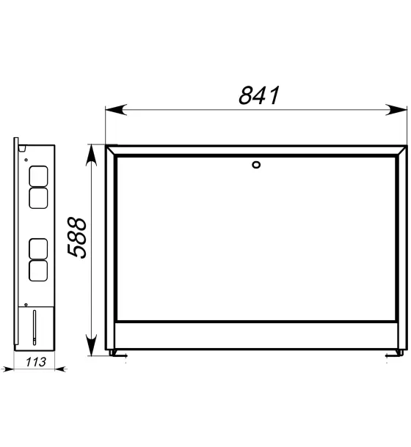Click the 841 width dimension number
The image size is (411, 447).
click(259, 95)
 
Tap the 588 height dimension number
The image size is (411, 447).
click(76, 238)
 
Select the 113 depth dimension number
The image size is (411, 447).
click(36, 362)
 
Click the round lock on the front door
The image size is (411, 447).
click(256, 165)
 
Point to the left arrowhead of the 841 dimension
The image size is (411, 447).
click(116, 110)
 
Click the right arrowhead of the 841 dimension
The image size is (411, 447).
click(396, 110)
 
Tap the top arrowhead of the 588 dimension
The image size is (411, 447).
click(91, 155)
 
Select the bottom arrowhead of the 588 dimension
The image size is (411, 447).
click(91, 346)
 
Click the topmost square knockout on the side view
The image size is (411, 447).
click(38, 176)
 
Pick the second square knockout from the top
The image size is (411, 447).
click(38, 198)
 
